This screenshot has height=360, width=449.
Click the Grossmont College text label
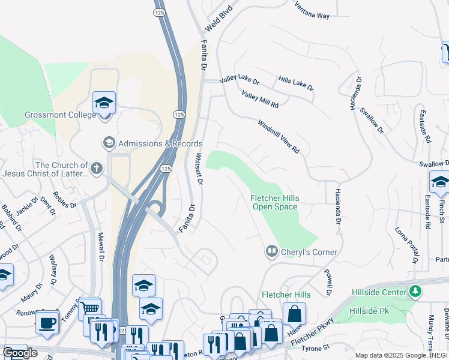60,115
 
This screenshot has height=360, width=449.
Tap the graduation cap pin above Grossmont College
104,103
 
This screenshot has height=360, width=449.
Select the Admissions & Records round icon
109,143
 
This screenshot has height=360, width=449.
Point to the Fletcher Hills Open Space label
274,202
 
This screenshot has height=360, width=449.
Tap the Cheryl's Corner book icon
272,251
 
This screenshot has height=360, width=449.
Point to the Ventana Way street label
312,10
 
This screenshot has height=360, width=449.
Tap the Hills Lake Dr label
296,83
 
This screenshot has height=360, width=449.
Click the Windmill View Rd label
279,137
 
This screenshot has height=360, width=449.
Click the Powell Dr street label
328,281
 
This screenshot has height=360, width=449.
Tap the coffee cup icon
47,323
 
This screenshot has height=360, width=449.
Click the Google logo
20,353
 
